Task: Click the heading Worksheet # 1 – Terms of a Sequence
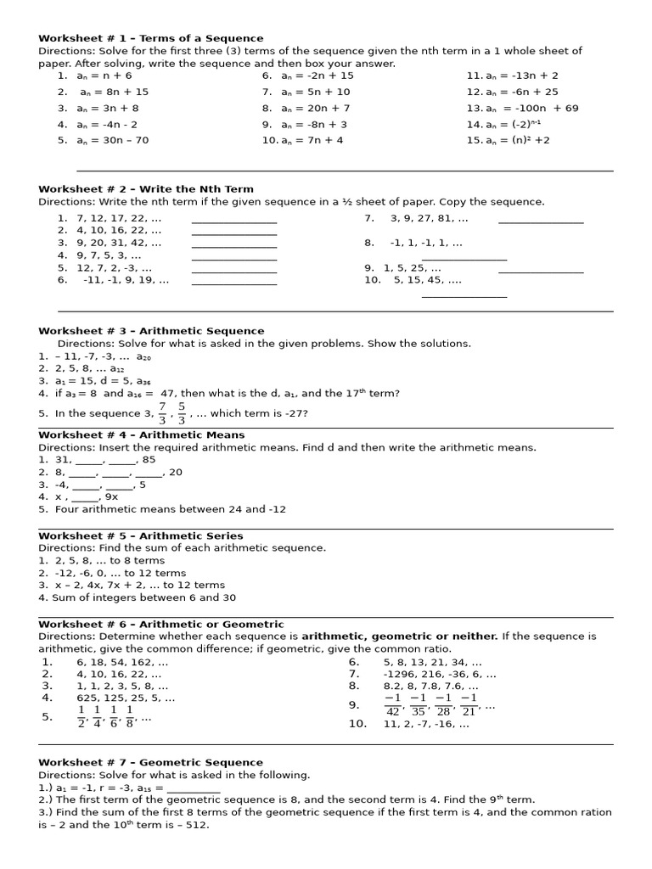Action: [150, 38]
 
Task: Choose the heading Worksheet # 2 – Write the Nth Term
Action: [145, 189]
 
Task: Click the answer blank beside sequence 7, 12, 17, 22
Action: [234, 220]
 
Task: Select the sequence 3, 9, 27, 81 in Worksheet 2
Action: [429, 218]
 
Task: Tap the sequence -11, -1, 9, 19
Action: [126, 280]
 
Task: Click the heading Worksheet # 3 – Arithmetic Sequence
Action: [151, 331]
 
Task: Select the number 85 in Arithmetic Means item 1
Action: [149, 460]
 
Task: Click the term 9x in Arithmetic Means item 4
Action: [110, 496]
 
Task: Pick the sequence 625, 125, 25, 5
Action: [126, 698]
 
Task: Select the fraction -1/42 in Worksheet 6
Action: [392, 704]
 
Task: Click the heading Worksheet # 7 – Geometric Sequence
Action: [151, 762]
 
